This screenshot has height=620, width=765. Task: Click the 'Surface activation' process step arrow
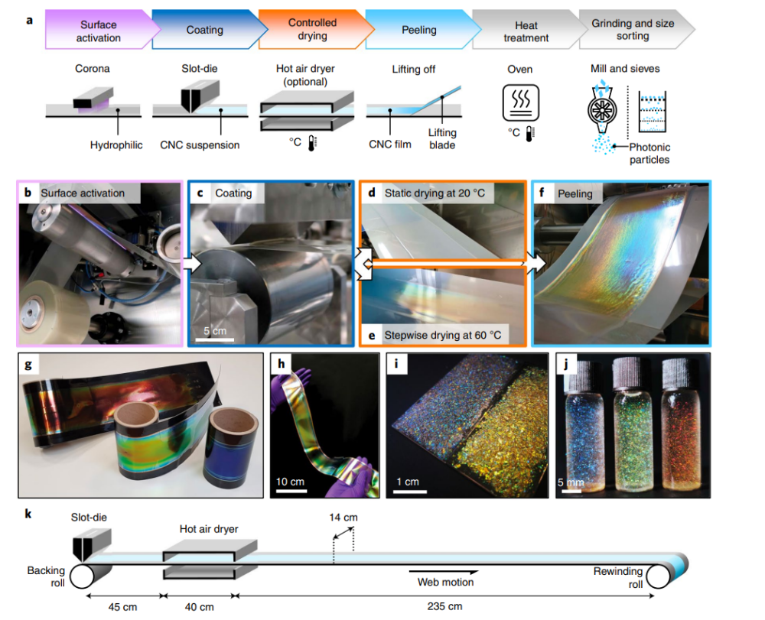pyautogui.click(x=97, y=30)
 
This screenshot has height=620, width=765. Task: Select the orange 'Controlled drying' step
pyautogui.click(x=311, y=30)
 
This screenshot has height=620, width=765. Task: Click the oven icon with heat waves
pyautogui.click(x=520, y=102)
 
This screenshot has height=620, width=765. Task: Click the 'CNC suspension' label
pyautogui.click(x=210, y=144)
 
